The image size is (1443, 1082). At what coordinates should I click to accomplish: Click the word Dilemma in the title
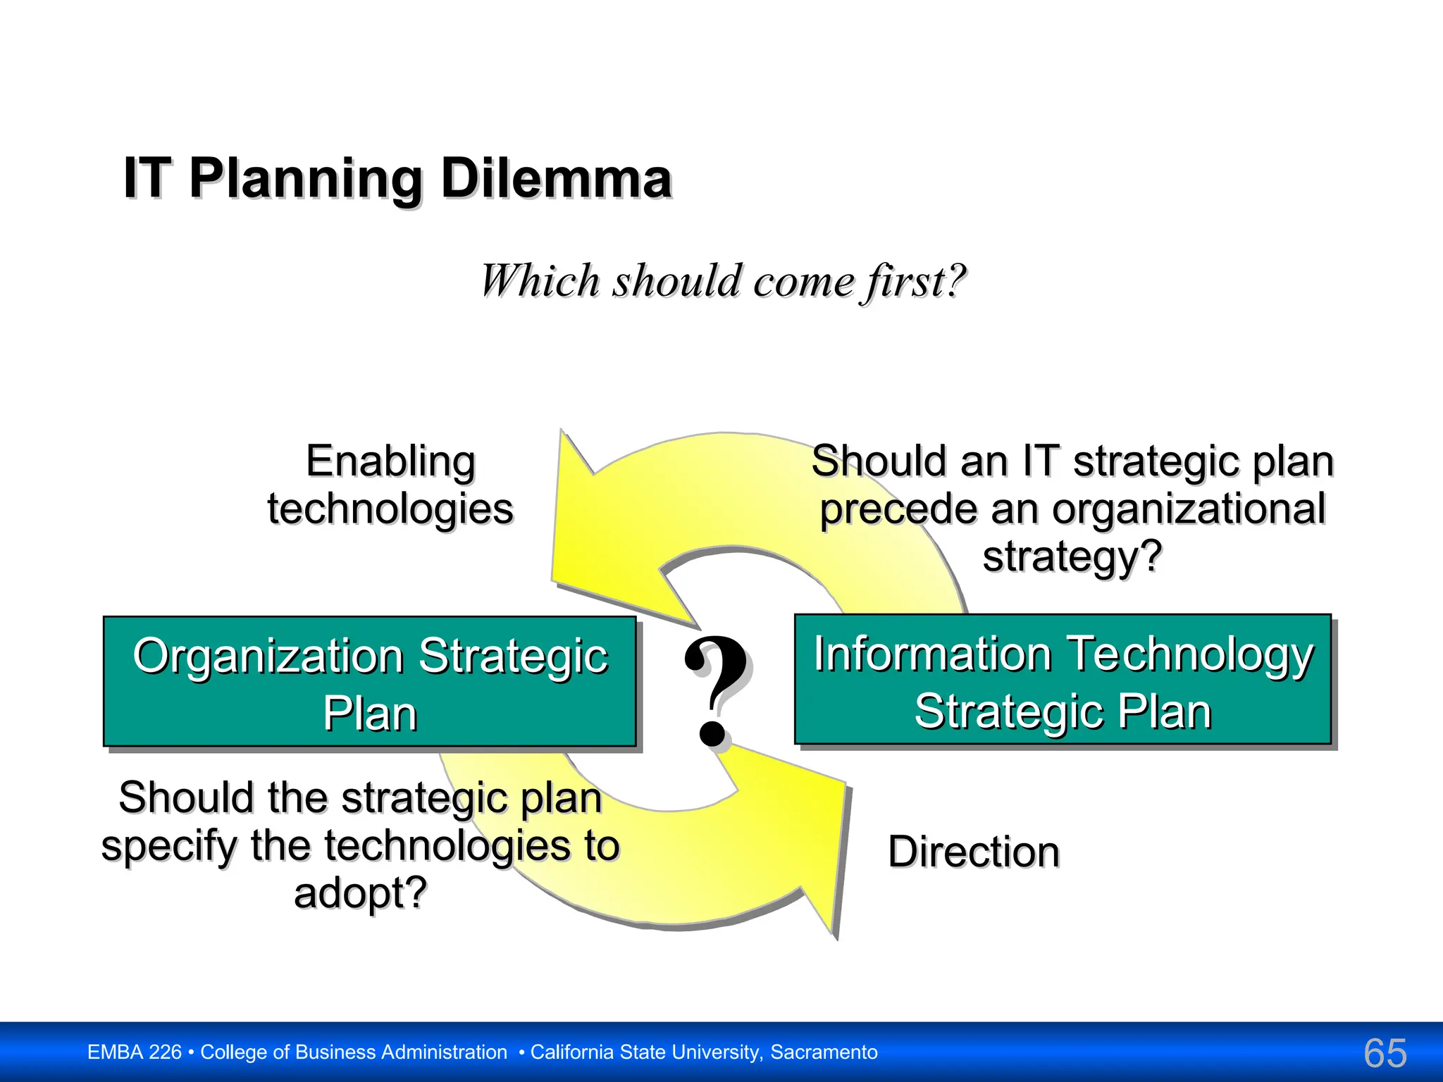click(x=556, y=179)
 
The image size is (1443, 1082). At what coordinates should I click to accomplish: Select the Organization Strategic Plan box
click(x=370, y=682)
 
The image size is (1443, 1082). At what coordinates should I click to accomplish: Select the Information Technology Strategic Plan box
click(x=1063, y=680)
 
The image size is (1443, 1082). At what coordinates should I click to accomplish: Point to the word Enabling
click(x=390, y=463)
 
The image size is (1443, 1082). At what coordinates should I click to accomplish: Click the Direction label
click(x=973, y=852)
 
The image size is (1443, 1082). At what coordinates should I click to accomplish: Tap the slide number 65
click(x=1385, y=1054)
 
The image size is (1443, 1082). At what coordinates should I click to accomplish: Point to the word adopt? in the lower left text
click(x=360, y=893)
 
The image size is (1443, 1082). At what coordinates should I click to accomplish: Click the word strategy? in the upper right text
click(x=1072, y=556)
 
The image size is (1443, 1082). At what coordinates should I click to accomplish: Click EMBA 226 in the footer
click(x=134, y=1052)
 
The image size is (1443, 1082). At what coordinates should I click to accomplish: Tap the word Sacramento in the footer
click(x=824, y=1052)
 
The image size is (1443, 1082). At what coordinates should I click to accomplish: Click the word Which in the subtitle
click(x=539, y=281)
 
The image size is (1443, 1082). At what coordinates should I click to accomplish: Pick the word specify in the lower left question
click(x=169, y=847)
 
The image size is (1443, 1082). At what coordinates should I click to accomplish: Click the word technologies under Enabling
click(x=390, y=509)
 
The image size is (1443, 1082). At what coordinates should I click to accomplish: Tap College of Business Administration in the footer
click(x=354, y=1052)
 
